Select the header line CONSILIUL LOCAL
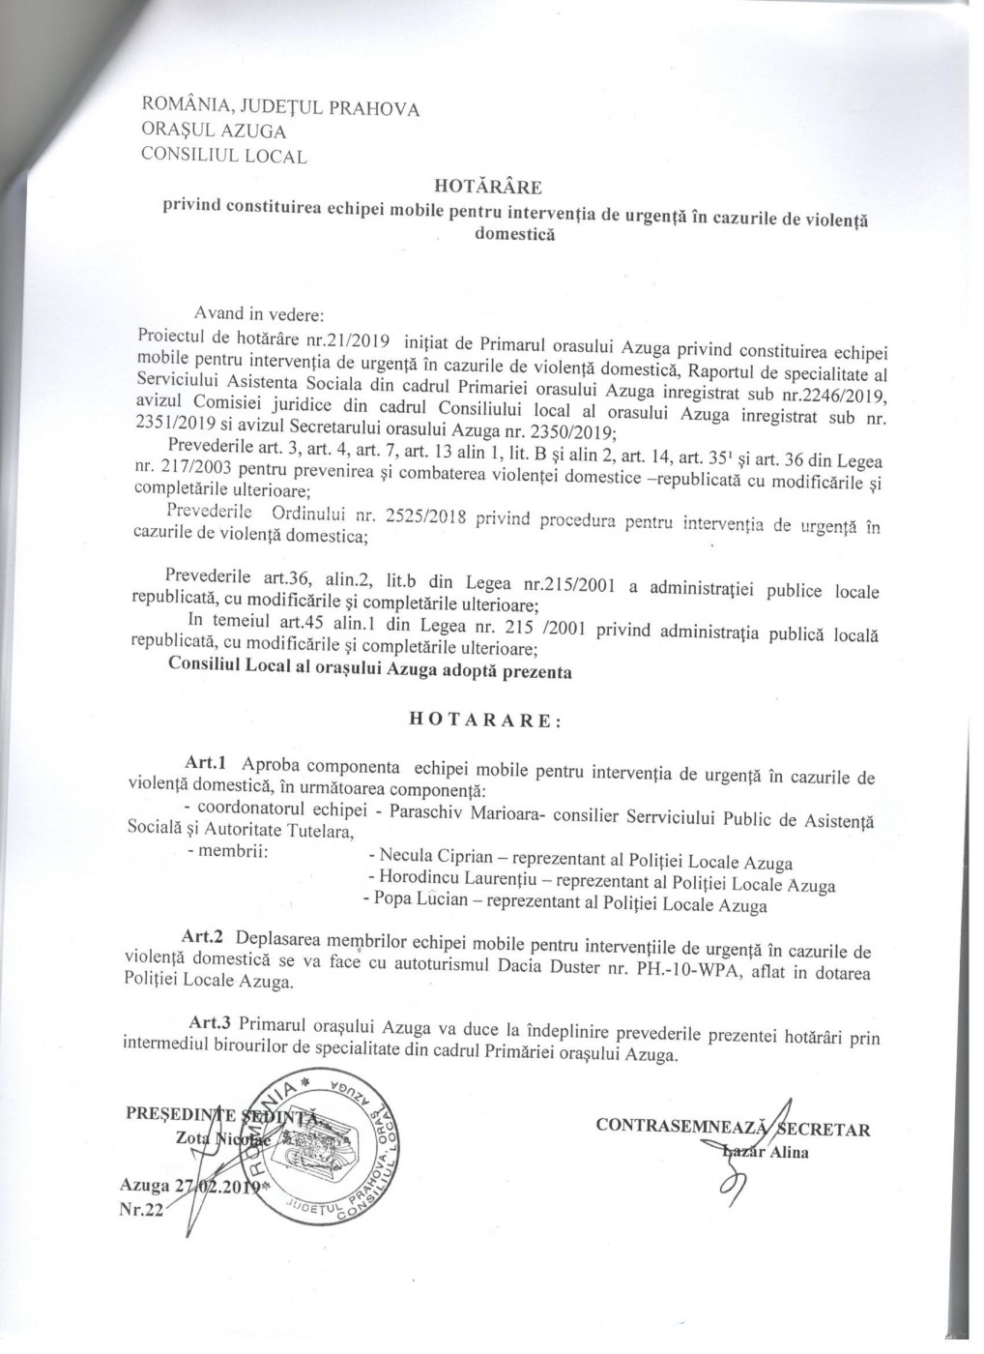click(223, 154)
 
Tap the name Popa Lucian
click(422, 906)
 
